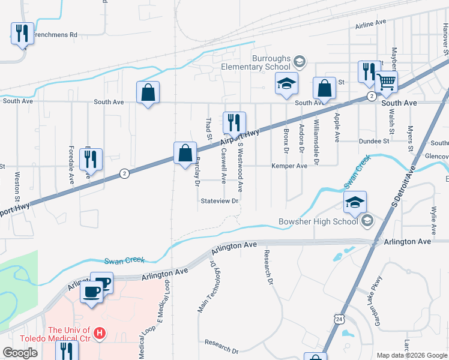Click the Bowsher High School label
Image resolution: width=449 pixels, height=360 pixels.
point(318,221)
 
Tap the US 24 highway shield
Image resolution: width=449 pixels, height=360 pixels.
point(339,317)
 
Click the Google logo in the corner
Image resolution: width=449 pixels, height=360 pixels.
point(20,353)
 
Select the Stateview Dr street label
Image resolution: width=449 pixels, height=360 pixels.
point(220,201)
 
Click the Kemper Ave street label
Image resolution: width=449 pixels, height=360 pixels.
point(289,166)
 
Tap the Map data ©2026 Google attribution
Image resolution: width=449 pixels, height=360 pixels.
point(411,355)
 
